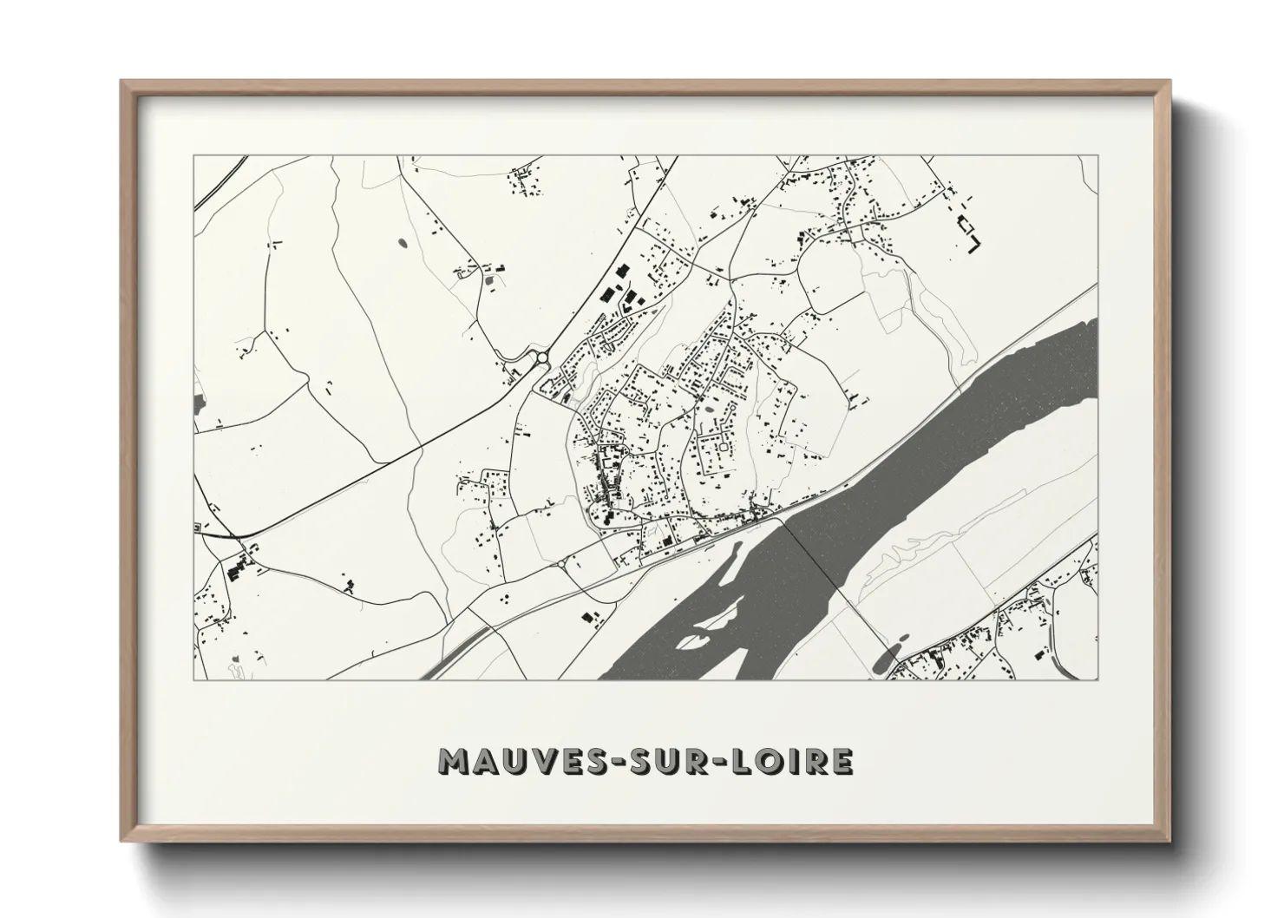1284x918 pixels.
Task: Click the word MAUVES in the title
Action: pos(508,761)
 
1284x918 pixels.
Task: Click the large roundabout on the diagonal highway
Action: pos(543,357)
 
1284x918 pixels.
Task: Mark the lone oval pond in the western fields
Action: pos(403,243)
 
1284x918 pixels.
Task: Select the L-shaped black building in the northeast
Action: pos(973,237)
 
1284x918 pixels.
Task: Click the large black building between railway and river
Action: pos(591,619)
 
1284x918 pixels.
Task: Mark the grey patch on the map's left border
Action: pos(199,404)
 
